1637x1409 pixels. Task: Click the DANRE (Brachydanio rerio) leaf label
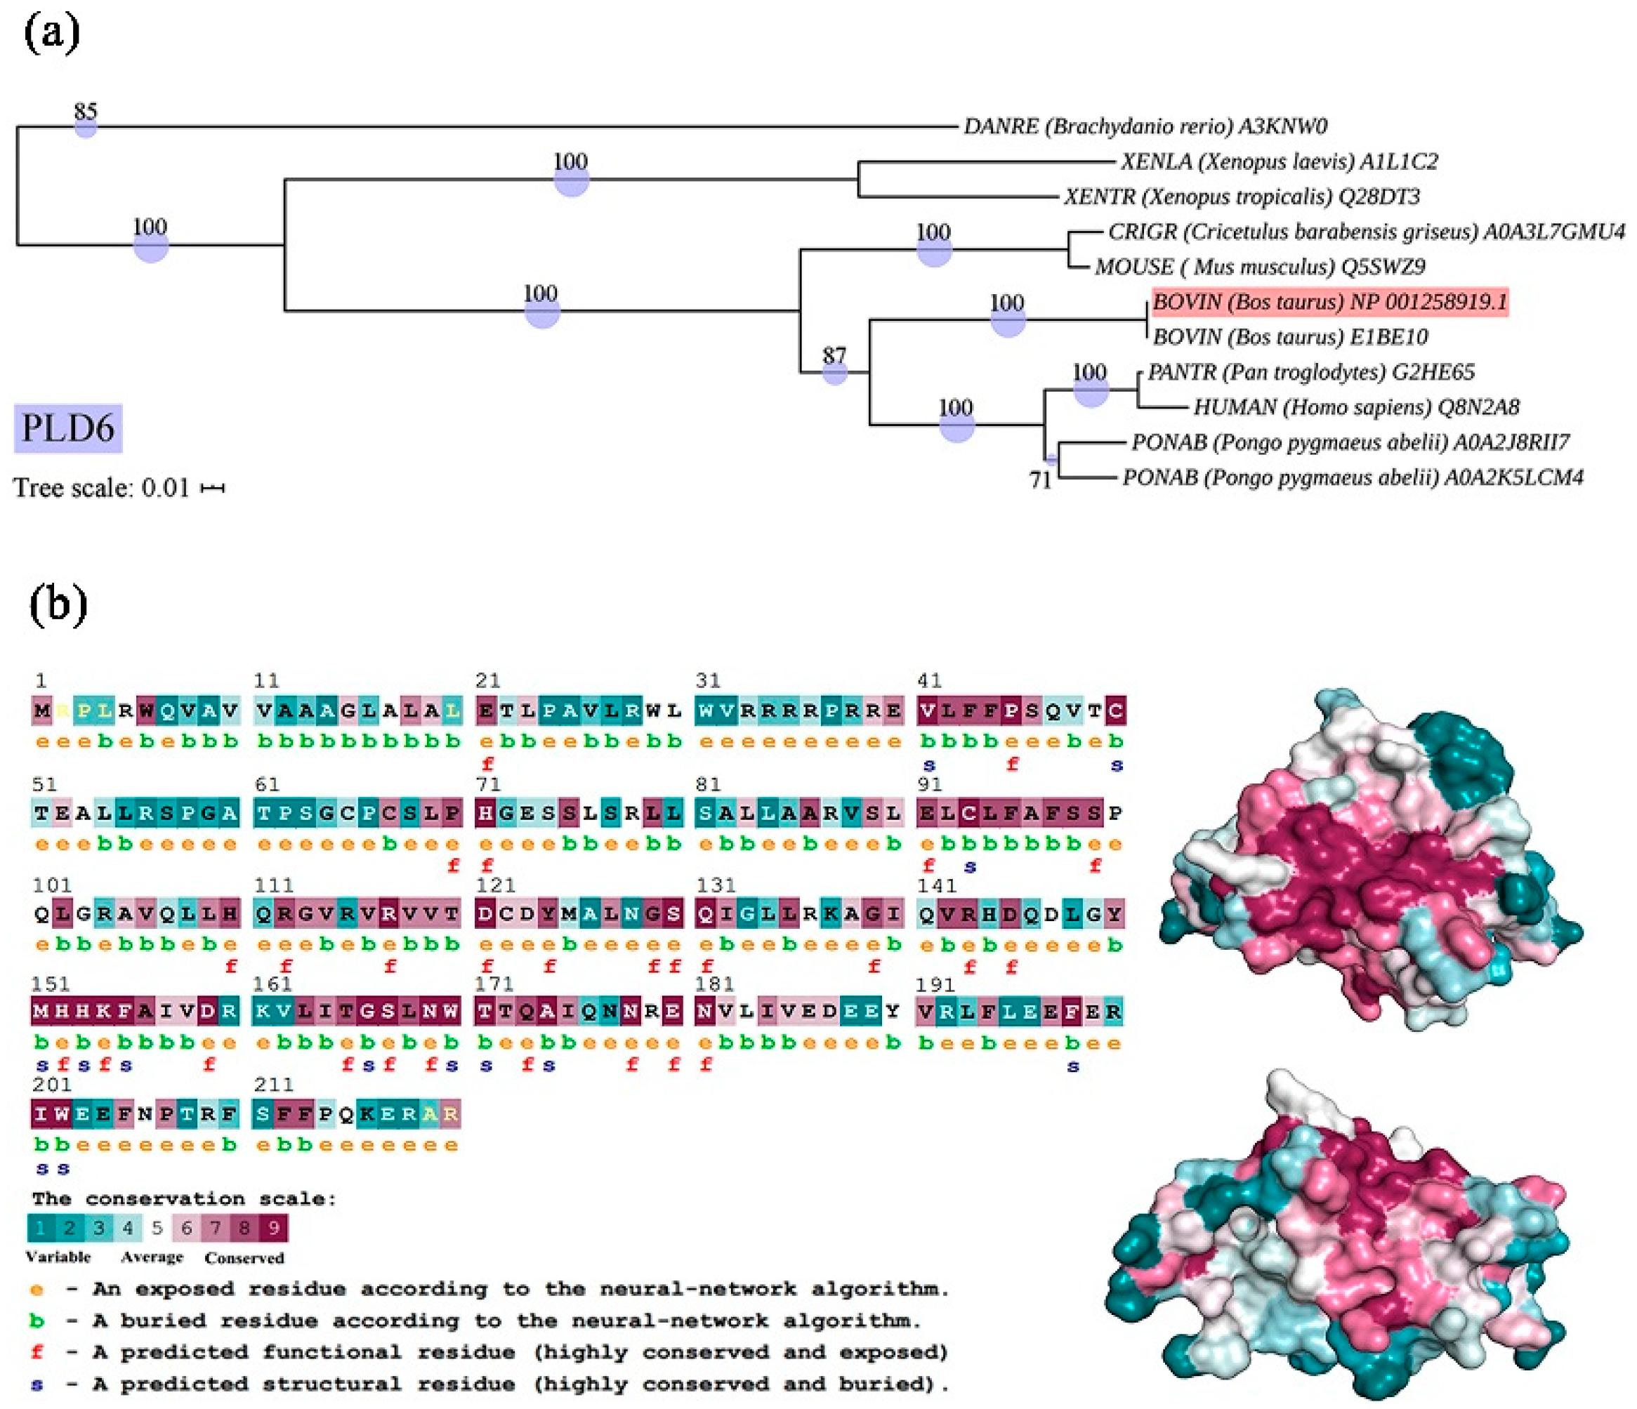1145,126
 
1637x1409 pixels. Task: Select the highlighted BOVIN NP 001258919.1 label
1329,302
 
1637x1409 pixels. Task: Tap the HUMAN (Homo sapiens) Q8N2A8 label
1355,407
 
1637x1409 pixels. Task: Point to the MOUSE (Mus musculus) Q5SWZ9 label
1259,267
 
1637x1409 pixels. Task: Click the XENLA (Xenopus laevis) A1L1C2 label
1279,162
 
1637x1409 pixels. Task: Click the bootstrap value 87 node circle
835,372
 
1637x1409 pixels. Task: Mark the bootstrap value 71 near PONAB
1041,479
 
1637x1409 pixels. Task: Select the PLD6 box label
68,429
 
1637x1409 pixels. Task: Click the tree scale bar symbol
213,489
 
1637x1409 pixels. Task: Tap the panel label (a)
52,35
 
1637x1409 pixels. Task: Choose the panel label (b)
58,605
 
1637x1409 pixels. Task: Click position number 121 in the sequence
495,885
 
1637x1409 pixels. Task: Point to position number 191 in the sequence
936,985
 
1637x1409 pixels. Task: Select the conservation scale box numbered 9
273,1228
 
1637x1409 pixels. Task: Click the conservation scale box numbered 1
41,1228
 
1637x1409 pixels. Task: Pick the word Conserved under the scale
244,1258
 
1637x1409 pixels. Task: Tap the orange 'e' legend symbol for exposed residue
37,1290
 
